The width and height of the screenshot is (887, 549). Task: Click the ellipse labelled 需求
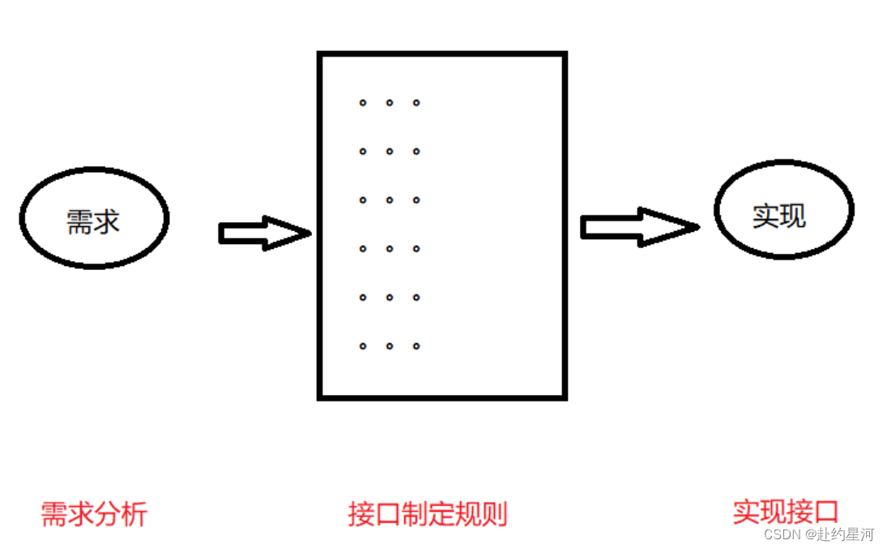point(94,217)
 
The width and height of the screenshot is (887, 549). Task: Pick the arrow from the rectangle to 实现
point(639,227)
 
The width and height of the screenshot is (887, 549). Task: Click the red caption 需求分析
point(94,514)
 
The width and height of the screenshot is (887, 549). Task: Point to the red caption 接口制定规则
point(428,514)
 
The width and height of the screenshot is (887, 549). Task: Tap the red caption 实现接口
point(785,512)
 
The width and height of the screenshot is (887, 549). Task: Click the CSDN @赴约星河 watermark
point(820,534)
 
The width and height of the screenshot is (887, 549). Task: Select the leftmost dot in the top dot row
point(363,103)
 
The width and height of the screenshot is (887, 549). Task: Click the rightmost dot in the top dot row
point(416,103)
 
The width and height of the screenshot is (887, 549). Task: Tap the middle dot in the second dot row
point(390,152)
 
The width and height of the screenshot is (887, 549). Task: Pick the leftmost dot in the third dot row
point(363,200)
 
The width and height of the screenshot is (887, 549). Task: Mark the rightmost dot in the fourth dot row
point(416,249)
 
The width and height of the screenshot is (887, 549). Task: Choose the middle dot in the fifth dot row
point(390,298)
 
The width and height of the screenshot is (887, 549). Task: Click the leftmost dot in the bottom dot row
point(363,346)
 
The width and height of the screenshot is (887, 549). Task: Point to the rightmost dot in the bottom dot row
point(416,346)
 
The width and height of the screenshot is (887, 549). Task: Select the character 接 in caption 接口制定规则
point(361,514)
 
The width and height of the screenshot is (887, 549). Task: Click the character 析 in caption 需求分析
point(134,514)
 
